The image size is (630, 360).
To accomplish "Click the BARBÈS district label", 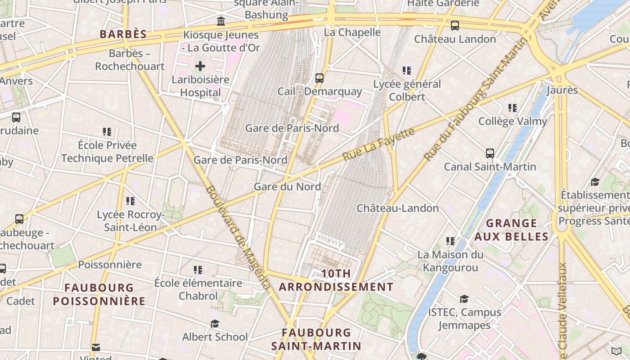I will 123,34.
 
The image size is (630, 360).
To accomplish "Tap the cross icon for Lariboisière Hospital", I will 200,67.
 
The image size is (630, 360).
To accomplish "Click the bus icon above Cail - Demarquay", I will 319,78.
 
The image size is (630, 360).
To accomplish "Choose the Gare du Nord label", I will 287,187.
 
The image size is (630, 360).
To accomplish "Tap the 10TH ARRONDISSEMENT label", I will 336,280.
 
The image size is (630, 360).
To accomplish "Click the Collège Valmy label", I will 513,121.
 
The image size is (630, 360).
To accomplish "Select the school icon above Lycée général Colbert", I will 407,71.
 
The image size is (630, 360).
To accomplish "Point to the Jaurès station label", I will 562,90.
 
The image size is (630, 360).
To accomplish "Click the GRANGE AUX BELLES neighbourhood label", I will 512,230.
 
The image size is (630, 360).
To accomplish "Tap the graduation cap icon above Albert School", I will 215,324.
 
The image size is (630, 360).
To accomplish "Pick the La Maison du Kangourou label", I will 450,261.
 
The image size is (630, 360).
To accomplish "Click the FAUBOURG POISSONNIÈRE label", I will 99,294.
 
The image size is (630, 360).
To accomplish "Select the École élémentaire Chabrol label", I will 198,289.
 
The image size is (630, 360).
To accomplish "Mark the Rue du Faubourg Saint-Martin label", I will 476,99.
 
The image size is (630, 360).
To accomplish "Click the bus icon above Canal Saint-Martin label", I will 490,153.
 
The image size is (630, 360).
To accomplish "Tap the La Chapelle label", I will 352,32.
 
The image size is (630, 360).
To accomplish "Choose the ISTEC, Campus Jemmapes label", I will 464,318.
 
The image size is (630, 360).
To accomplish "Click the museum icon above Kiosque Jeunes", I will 221,21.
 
